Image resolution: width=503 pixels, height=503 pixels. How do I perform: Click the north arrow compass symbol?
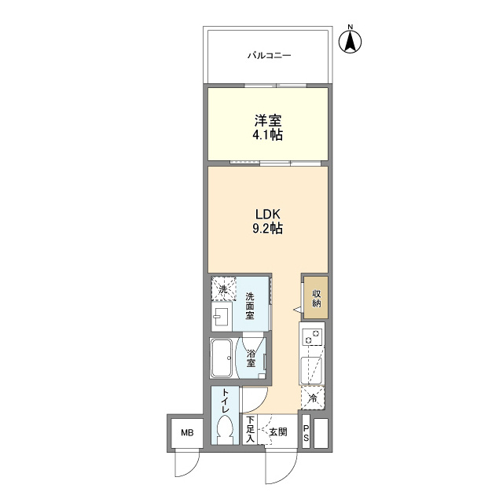(x=351, y=40)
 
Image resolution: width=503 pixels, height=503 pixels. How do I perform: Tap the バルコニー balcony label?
(x=269, y=56)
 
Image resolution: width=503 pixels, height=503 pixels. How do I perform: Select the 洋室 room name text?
(x=268, y=120)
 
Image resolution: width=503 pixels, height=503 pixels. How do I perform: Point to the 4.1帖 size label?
(x=268, y=135)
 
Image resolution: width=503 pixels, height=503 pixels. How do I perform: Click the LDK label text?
(x=268, y=214)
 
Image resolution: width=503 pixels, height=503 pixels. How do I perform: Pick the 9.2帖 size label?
(x=268, y=229)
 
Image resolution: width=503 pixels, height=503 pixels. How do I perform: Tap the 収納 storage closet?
(x=316, y=297)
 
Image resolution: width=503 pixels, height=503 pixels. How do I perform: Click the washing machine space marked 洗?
(x=223, y=289)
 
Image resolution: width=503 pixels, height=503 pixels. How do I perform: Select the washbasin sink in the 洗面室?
(x=222, y=316)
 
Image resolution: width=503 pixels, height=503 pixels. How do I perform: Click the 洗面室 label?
(x=250, y=306)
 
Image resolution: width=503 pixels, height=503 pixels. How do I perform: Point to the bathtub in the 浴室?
(x=222, y=358)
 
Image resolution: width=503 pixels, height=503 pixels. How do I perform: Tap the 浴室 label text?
(x=251, y=358)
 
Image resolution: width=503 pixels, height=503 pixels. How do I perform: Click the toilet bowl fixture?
(x=226, y=430)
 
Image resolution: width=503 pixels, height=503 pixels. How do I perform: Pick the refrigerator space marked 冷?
(x=313, y=398)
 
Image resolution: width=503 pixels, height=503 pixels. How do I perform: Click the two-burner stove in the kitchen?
(x=311, y=333)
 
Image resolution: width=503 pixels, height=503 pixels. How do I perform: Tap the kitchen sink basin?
(x=311, y=368)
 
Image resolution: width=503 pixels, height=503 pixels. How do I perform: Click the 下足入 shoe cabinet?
(x=250, y=430)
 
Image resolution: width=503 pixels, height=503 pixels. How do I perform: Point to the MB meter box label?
(x=187, y=433)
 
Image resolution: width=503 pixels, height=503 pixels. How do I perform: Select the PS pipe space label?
(x=306, y=432)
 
